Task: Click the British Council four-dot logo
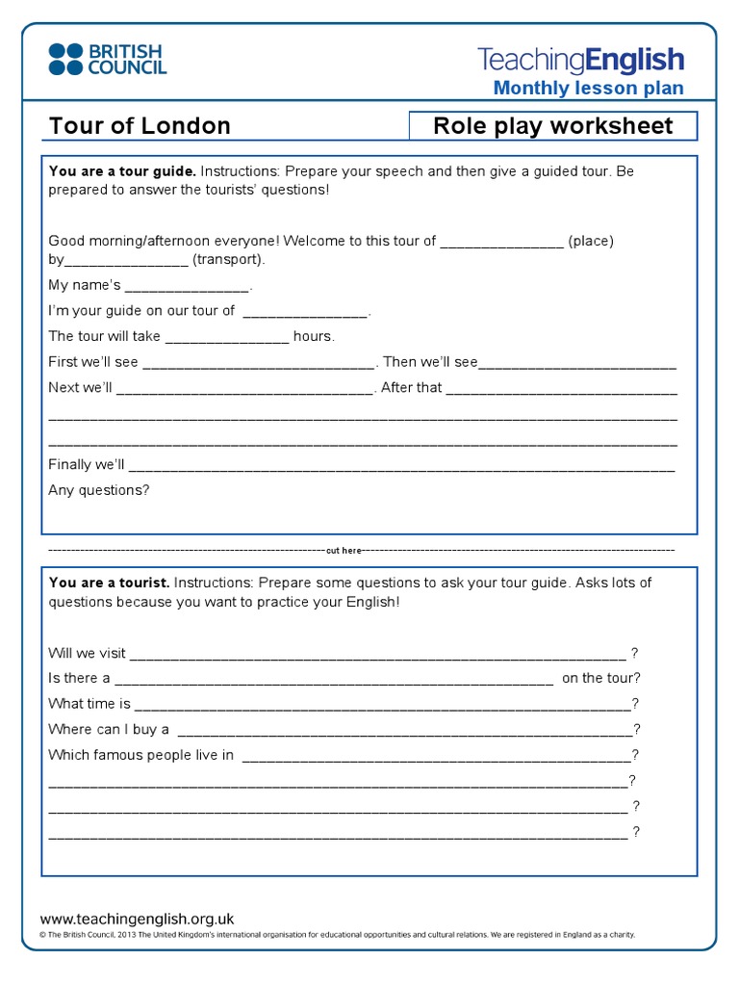point(65,59)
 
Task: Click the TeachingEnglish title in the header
point(580,60)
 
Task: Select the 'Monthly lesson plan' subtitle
point(588,89)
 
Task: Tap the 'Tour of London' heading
point(140,126)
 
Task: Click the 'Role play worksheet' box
point(552,126)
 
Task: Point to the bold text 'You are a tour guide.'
point(122,171)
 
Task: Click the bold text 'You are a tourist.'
point(109,583)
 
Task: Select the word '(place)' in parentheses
point(591,241)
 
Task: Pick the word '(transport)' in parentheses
point(228,260)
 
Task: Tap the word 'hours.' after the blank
point(314,336)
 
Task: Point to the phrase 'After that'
point(411,388)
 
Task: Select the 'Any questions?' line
point(99,490)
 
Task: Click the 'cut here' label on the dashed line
point(344,551)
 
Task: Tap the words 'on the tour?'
point(600,678)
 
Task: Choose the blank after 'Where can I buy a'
point(404,730)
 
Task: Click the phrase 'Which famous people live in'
point(141,755)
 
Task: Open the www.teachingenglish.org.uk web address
point(137,919)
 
